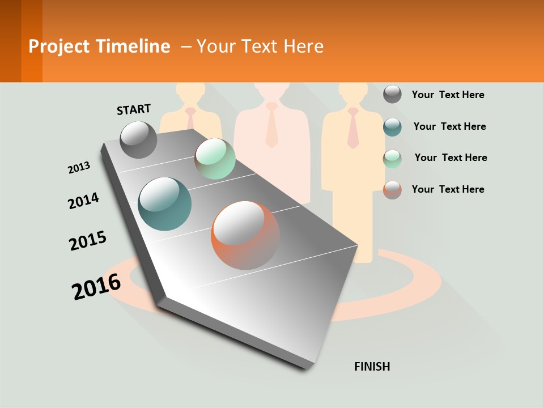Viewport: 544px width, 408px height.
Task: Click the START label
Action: click(x=134, y=109)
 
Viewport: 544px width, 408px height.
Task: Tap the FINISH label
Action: click(x=372, y=367)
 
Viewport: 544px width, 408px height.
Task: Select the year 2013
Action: click(x=79, y=168)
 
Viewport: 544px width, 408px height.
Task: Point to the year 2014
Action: click(x=83, y=201)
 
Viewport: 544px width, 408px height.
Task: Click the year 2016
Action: click(x=96, y=286)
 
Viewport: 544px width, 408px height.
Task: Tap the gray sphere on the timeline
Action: click(x=139, y=139)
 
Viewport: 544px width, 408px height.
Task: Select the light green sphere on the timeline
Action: click(x=215, y=158)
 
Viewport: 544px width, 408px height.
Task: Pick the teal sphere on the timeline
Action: click(x=165, y=204)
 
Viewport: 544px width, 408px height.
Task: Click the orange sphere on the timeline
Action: click(x=245, y=235)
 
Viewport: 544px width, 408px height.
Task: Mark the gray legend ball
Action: click(x=392, y=94)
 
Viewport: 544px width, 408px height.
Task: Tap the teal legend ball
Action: click(x=392, y=126)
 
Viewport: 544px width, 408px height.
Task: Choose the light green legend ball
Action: click(x=392, y=158)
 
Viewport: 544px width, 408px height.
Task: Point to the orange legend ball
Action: click(x=392, y=189)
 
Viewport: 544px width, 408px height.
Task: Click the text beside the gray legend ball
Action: click(x=448, y=95)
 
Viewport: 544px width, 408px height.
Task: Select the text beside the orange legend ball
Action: click(x=448, y=189)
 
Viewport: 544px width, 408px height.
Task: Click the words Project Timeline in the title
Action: click(x=99, y=46)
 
